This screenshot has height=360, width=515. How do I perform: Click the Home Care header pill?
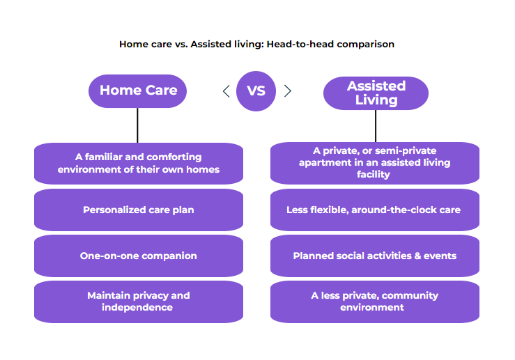138,91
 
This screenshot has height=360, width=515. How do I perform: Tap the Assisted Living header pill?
376,93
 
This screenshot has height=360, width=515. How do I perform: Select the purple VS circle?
256,91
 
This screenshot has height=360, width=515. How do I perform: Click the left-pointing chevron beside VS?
226,91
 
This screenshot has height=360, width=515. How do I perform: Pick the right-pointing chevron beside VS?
287,91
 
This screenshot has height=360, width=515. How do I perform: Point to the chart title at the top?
256,44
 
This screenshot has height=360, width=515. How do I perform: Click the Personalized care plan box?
138,210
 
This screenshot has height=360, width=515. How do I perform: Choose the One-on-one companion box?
138,256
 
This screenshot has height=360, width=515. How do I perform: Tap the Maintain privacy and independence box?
138,302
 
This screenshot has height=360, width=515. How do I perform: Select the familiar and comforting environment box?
138,164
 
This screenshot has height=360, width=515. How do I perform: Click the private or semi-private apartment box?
374,163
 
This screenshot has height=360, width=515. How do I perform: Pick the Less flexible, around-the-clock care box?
374,210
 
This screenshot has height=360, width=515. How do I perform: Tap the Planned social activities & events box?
374,256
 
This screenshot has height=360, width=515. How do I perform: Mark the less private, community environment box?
374,302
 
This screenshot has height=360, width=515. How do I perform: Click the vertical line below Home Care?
138,125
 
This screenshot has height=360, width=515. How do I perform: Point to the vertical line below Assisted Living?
376,126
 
